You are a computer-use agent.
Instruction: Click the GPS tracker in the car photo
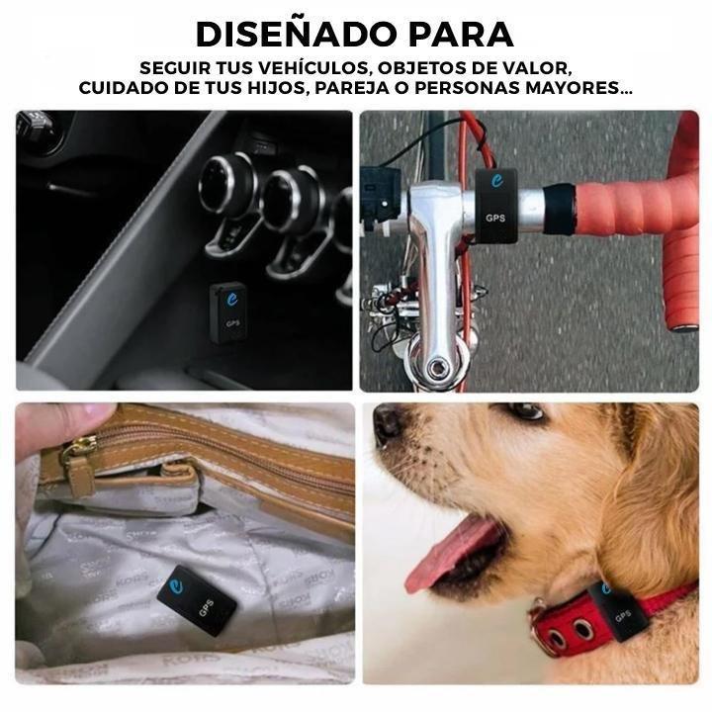click(x=228, y=312)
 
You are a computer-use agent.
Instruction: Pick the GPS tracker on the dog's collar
click(x=618, y=609)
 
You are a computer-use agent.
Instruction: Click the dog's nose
click(x=388, y=423)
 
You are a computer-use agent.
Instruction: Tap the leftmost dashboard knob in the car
click(x=226, y=185)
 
